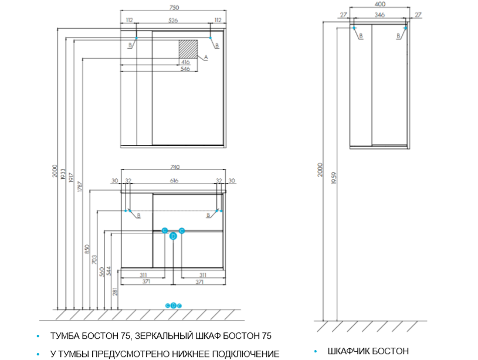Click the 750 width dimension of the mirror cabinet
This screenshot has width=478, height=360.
pyautogui.click(x=174, y=7)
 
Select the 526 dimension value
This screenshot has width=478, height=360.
pyautogui.click(x=174, y=21)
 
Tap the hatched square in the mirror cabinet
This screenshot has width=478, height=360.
pyautogui.click(x=188, y=49)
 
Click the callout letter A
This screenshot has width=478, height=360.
pyautogui.click(x=206, y=57)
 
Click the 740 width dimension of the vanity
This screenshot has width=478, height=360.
pyautogui.click(x=174, y=168)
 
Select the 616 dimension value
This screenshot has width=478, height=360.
pyautogui.click(x=174, y=181)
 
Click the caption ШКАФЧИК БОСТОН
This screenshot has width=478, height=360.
pyautogui.click(x=368, y=351)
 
